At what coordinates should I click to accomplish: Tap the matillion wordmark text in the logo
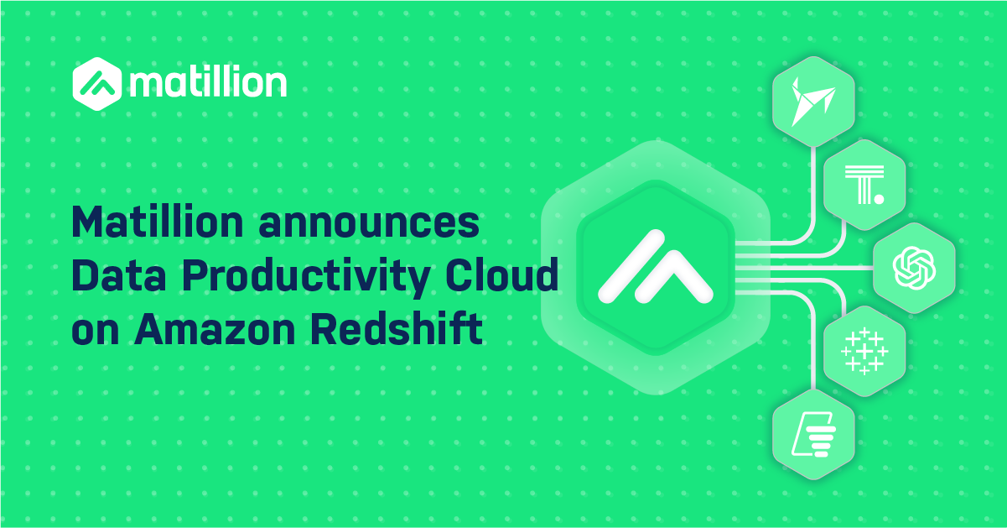[209, 83]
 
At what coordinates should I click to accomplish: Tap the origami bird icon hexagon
[812, 97]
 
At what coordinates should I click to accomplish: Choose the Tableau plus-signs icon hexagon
[864, 351]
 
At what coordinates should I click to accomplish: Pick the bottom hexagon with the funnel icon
[812, 434]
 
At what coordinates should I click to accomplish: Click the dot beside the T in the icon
[878, 200]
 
